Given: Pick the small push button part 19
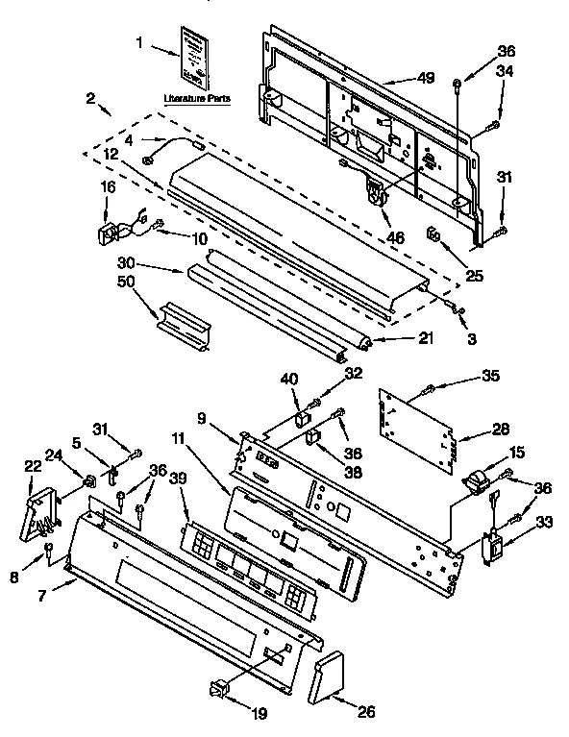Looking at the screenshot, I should (220, 687).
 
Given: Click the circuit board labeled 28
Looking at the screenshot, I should (414, 430).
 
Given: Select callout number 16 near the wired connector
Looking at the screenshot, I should (108, 188).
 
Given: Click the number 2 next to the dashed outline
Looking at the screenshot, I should (88, 99).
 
